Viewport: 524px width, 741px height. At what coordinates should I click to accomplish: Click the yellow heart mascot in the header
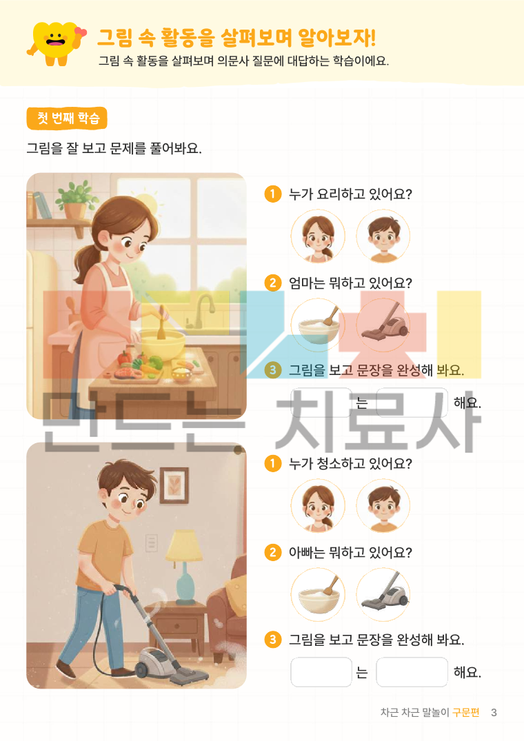[57, 43]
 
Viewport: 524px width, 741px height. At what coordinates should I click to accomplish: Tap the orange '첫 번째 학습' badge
[67, 118]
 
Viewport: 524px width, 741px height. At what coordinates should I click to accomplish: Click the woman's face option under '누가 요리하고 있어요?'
[318, 236]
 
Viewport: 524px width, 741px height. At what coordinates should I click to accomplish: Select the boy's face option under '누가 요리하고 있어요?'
[383, 236]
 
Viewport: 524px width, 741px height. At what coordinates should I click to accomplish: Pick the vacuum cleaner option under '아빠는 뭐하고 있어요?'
[383, 594]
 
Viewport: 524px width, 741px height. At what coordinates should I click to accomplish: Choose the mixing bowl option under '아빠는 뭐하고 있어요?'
[318, 594]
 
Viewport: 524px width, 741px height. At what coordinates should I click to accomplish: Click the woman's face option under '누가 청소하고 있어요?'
[318, 506]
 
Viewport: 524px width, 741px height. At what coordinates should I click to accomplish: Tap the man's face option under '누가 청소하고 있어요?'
[383, 506]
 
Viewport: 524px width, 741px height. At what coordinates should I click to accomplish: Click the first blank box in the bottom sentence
[321, 671]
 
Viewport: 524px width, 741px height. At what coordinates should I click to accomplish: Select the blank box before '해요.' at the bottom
[412, 671]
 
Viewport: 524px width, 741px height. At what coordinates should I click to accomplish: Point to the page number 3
[494, 712]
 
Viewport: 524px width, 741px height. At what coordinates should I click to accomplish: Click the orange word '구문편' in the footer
[466, 712]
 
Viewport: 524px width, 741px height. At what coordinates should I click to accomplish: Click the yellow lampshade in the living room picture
[184, 545]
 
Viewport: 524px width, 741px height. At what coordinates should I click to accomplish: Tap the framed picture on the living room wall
[174, 485]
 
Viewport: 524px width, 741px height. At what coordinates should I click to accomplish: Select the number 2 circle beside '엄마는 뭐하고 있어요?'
[272, 283]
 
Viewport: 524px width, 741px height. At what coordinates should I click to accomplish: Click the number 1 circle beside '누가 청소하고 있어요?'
[272, 463]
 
